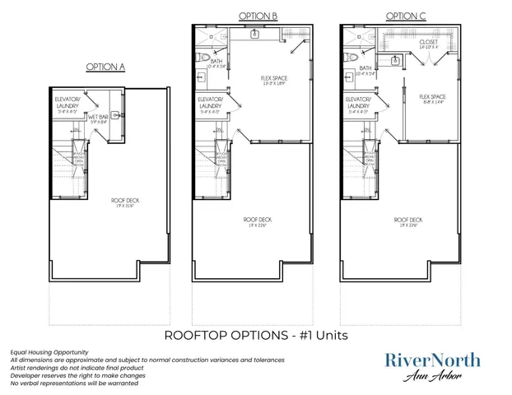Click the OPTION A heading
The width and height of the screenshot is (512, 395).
pyautogui.click(x=105, y=67)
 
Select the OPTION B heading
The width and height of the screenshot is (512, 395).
pyautogui.click(x=257, y=16)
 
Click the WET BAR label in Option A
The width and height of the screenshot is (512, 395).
pyautogui.click(x=100, y=118)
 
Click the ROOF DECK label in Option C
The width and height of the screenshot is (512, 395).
pyautogui.click(x=407, y=220)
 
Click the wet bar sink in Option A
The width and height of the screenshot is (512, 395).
pyautogui.click(x=116, y=116)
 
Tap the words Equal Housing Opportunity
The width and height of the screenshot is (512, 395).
pyautogui.click(x=50, y=352)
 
